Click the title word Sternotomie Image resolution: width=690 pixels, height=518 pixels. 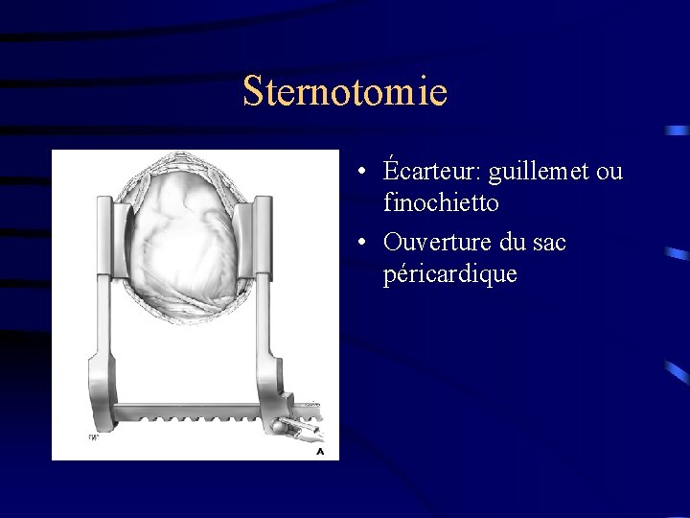coord(345,92)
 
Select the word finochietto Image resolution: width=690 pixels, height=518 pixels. coord(440,203)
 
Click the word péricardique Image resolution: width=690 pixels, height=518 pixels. coord(449,273)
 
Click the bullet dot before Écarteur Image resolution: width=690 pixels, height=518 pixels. coord(356,174)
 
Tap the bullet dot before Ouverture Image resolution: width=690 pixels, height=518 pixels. coord(356,244)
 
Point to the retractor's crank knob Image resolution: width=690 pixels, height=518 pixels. coord(278,429)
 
